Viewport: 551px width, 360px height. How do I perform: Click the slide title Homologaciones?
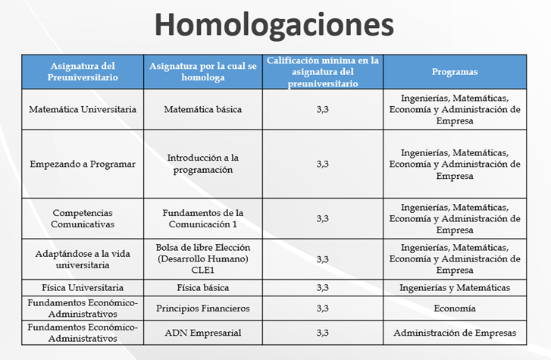click(274, 24)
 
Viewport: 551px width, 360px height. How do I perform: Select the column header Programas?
click(454, 72)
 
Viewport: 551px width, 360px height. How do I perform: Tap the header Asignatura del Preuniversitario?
click(83, 72)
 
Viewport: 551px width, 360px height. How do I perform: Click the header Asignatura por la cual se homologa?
click(202, 72)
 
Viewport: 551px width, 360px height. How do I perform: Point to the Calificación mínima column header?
click(323, 72)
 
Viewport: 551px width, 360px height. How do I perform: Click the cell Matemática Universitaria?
click(83, 109)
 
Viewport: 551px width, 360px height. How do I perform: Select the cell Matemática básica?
click(202, 109)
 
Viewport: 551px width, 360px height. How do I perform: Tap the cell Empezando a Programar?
click(83, 164)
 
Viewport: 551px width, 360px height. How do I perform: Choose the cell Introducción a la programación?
click(202, 164)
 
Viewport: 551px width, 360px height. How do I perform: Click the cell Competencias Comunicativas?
click(83, 218)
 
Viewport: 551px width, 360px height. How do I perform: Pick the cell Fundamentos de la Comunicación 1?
click(202, 218)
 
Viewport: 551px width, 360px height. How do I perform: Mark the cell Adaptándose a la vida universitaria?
click(83, 258)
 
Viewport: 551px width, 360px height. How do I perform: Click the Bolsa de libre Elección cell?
click(202, 258)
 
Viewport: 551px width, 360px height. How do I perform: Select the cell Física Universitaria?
click(83, 288)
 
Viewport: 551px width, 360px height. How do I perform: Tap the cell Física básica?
click(202, 288)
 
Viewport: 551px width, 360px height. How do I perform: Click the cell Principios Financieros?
click(202, 308)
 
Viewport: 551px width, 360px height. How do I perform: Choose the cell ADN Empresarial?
click(202, 333)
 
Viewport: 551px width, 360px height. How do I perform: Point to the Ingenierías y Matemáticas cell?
click(454, 288)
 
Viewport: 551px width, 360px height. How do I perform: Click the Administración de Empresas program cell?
click(454, 333)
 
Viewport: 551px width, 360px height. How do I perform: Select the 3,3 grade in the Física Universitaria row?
click(323, 288)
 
